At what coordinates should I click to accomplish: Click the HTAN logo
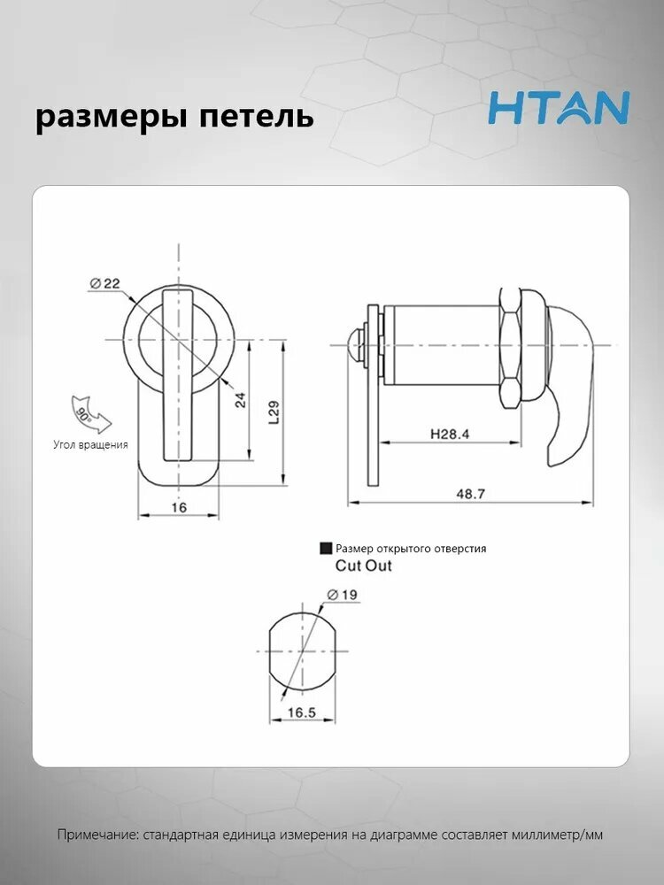[559, 108]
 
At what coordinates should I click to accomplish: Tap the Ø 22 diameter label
[105, 283]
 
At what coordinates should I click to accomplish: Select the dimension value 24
[241, 400]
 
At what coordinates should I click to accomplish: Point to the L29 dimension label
[274, 412]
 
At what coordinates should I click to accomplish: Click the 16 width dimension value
[179, 507]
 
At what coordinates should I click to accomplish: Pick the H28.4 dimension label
[450, 434]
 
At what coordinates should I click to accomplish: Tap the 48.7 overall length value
[470, 494]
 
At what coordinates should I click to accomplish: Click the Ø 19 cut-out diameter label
[342, 595]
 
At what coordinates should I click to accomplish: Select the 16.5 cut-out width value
[302, 712]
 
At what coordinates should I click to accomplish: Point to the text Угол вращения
[91, 445]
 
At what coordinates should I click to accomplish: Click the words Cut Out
[363, 566]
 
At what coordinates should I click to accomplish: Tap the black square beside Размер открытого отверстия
[326, 548]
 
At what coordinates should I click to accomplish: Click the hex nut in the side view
[509, 348]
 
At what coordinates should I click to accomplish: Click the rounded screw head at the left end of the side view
[356, 345]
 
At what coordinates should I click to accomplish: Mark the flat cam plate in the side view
[374, 395]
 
